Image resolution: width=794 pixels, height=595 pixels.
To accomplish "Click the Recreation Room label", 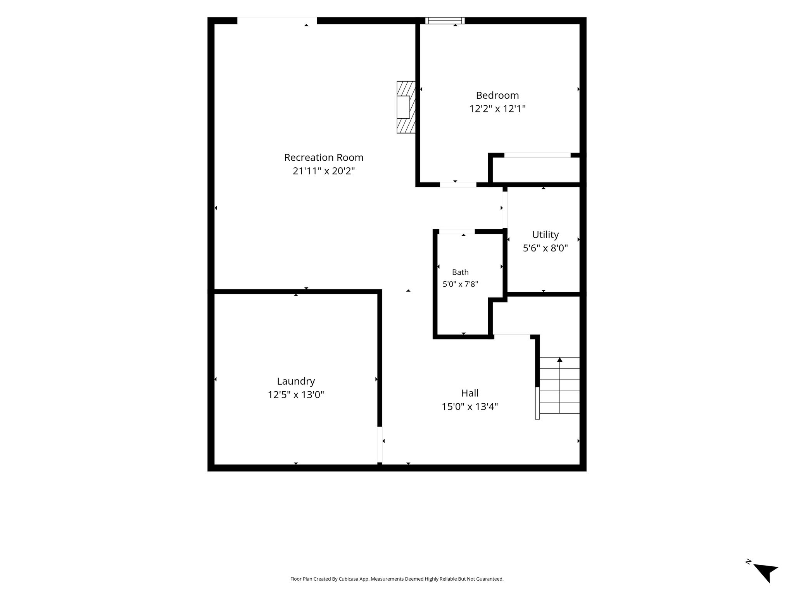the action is (324, 158).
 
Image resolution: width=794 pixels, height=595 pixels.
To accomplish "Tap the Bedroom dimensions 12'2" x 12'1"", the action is (497, 109).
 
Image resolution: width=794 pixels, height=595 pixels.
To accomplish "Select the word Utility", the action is (545, 235).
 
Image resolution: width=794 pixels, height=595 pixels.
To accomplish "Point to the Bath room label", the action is (460, 272).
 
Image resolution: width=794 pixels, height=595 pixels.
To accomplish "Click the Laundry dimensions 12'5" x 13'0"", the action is (296, 395).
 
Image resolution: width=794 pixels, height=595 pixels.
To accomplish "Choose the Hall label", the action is (470, 393).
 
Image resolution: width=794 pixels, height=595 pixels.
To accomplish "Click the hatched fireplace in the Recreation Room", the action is (406, 107).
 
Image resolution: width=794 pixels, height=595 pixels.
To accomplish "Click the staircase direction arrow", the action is (560, 385).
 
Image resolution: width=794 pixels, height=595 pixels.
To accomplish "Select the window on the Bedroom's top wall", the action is (445, 21).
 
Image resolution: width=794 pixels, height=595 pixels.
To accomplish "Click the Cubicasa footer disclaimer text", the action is (397, 579).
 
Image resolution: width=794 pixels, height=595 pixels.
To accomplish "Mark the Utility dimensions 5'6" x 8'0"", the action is (545, 248).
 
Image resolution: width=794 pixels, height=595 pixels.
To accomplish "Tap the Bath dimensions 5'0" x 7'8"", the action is (460, 284).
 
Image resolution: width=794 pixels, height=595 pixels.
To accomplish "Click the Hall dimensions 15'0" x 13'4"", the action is (470, 407).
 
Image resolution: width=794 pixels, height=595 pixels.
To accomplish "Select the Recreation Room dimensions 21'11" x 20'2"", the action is (324, 171).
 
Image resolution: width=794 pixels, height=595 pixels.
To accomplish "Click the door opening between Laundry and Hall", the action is (380, 445).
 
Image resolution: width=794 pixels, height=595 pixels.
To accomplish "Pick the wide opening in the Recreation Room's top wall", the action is (277, 21).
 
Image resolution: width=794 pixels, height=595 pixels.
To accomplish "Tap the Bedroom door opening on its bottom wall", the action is (458, 185).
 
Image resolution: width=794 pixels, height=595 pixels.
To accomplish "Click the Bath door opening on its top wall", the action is (457, 232).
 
